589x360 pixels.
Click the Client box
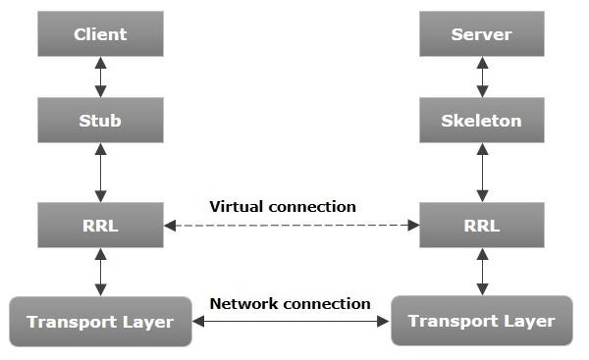(100, 35)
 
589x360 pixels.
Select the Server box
(481, 35)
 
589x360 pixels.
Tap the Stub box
(100, 122)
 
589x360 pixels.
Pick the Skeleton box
(481, 122)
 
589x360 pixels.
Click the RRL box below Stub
(100, 225)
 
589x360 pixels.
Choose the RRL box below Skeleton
(481, 225)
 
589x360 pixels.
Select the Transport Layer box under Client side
(99, 321)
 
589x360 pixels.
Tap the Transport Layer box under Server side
(481, 321)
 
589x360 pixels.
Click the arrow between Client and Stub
(100, 77)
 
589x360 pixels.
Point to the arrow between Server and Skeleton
(481, 77)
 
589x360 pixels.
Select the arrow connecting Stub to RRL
(100, 173)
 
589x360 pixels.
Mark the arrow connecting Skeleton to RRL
(481, 173)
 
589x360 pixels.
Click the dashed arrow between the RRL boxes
(291, 226)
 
